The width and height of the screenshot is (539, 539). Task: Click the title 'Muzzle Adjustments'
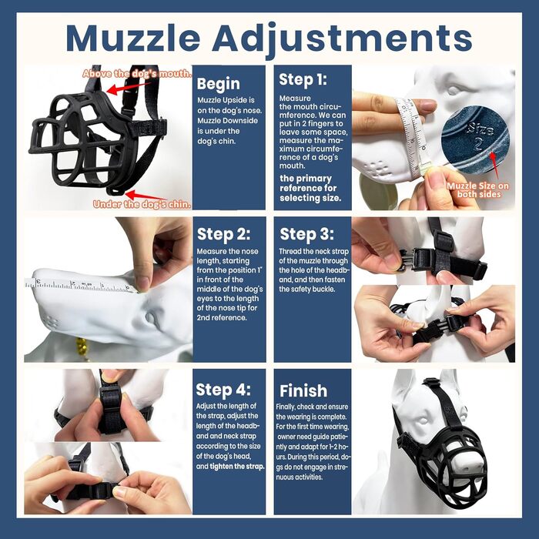pyautogui.click(x=269, y=38)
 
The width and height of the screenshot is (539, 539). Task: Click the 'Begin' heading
pyautogui.click(x=218, y=84)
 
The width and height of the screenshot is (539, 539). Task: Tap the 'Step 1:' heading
pyautogui.click(x=303, y=80)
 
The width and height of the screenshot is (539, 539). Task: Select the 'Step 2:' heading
pyautogui.click(x=224, y=234)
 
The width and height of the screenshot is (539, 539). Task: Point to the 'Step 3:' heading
pyautogui.click(x=306, y=234)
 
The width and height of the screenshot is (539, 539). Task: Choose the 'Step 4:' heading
pyautogui.click(x=223, y=390)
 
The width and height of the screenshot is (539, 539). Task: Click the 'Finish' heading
pyautogui.click(x=303, y=391)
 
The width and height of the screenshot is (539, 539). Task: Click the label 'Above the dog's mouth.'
pyautogui.click(x=137, y=74)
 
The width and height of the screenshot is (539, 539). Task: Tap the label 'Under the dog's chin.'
pyautogui.click(x=142, y=204)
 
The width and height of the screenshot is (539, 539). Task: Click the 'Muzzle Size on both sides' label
pyautogui.click(x=478, y=190)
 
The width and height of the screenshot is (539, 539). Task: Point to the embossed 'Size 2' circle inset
pyautogui.click(x=475, y=139)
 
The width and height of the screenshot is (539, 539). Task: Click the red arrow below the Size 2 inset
pyautogui.click(x=494, y=166)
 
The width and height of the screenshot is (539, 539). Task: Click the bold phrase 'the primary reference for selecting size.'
pyautogui.click(x=310, y=188)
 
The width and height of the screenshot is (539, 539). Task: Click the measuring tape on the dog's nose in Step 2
pyautogui.click(x=82, y=286)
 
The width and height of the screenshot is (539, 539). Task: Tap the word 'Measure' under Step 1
pyautogui.click(x=295, y=99)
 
